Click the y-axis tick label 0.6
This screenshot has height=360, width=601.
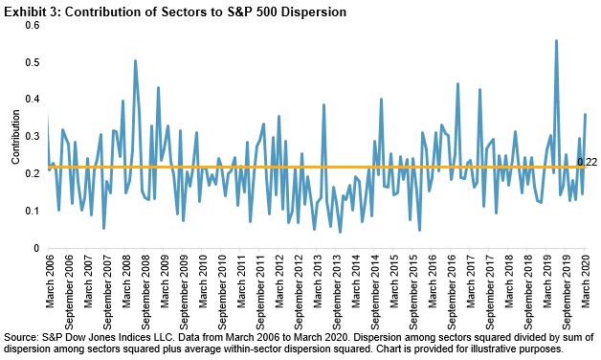32,25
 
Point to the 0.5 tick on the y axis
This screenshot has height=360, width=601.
32,62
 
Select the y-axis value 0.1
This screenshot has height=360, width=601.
32,211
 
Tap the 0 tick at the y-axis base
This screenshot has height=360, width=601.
36,248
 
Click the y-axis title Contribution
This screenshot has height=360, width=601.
15,137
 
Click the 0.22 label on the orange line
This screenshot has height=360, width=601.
587,162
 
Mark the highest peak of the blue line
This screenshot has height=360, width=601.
556,40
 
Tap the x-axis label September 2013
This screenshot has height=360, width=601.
337,292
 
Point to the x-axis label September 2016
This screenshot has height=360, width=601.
452,292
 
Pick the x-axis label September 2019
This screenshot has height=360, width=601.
567,292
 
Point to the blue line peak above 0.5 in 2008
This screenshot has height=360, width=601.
135,60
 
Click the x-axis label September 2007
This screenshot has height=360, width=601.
107,292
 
